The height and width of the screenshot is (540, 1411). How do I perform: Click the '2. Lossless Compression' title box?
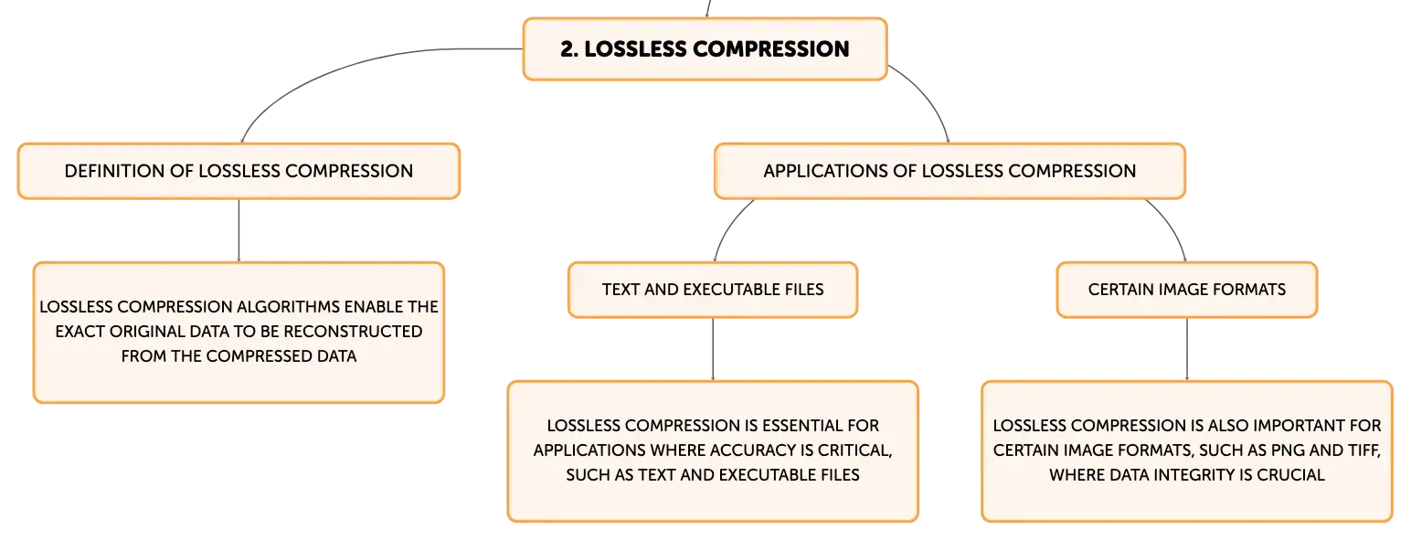(705, 49)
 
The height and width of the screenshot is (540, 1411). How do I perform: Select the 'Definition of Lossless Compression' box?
(239, 172)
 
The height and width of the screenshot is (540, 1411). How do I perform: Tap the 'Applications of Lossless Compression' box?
(950, 172)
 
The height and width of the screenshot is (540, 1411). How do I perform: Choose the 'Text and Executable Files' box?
(713, 290)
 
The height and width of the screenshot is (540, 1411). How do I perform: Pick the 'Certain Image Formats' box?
(1187, 290)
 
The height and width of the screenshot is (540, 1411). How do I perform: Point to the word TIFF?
(1363, 450)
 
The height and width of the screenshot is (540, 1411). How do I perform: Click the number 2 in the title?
(568, 49)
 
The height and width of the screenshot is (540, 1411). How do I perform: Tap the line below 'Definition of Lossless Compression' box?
(239, 230)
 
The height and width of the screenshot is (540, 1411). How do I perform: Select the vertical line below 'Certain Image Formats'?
(1187, 349)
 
